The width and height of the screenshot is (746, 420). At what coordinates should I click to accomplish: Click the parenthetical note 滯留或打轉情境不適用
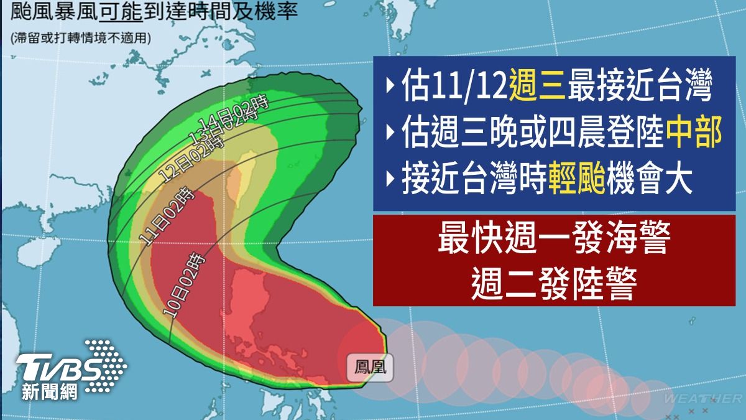[81, 38]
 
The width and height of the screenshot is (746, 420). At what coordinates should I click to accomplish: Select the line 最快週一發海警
[553, 241]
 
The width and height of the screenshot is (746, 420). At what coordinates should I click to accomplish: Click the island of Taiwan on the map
[242, 174]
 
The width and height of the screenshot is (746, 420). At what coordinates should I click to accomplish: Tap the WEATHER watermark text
[702, 398]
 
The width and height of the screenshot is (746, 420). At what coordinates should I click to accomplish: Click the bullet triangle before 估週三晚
[389, 134]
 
